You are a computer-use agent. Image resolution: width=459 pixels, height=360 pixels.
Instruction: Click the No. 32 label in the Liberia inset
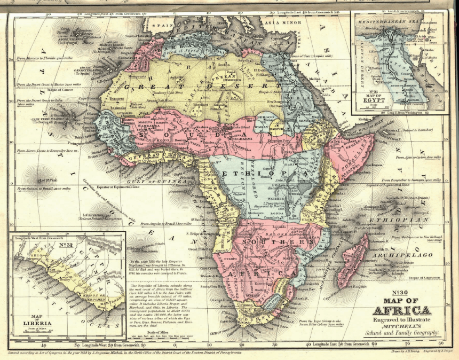click(66, 245)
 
